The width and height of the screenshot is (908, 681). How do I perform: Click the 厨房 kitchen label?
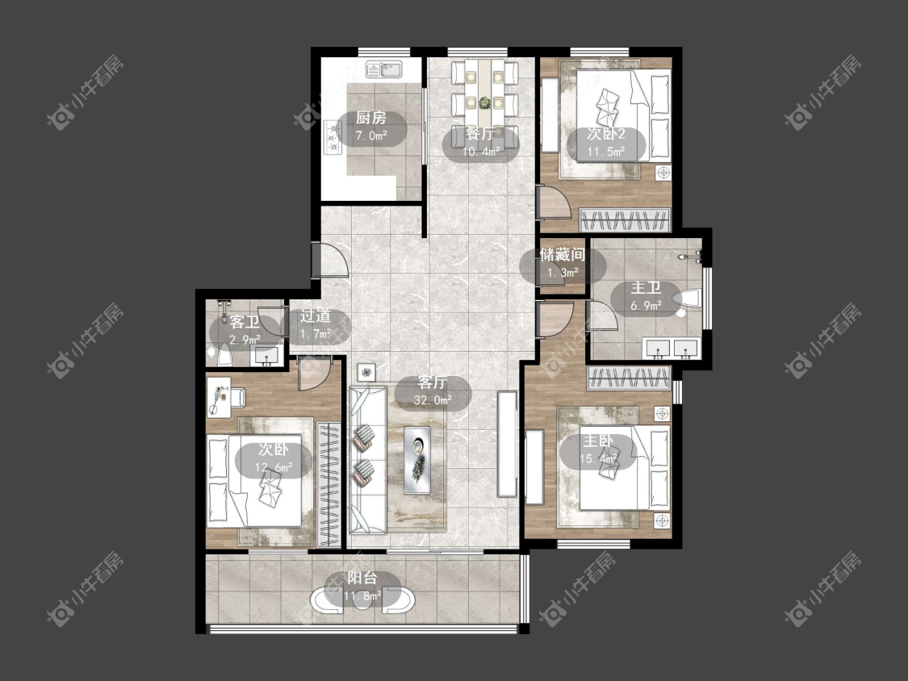(370, 118)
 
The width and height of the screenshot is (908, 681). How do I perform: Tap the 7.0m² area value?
(370, 136)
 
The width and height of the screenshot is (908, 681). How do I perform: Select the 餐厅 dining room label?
(481, 134)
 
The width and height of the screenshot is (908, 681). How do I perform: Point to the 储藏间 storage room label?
(563, 254)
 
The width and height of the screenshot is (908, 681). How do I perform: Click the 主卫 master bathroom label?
(646, 288)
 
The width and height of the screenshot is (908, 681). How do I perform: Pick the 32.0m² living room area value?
(433, 400)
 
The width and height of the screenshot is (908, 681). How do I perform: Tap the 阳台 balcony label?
(362, 578)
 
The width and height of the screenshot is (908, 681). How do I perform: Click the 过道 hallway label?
(316, 315)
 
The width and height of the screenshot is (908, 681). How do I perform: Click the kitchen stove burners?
(332, 138)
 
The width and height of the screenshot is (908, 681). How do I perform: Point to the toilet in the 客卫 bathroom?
(224, 355)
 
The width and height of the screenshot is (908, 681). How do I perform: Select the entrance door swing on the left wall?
(330, 260)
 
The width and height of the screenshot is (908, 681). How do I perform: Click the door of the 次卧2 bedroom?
(554, 202)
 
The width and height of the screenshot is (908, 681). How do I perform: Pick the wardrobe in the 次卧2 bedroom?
(626, 219)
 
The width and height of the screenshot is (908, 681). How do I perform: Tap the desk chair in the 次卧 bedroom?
(236, 397)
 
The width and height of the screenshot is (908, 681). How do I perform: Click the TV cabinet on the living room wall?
(507, 444)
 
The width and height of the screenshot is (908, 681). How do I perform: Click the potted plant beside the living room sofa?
(366, 372)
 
